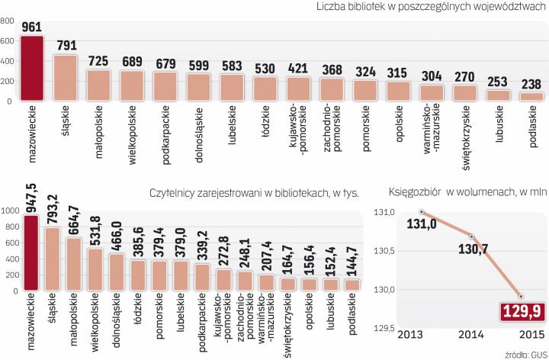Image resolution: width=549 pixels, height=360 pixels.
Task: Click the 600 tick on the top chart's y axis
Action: [x=7, y=40]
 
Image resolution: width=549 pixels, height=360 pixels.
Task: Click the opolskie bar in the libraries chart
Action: [x=398, y=92]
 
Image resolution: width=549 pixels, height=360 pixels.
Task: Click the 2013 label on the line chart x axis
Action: [x=411, y=336]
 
